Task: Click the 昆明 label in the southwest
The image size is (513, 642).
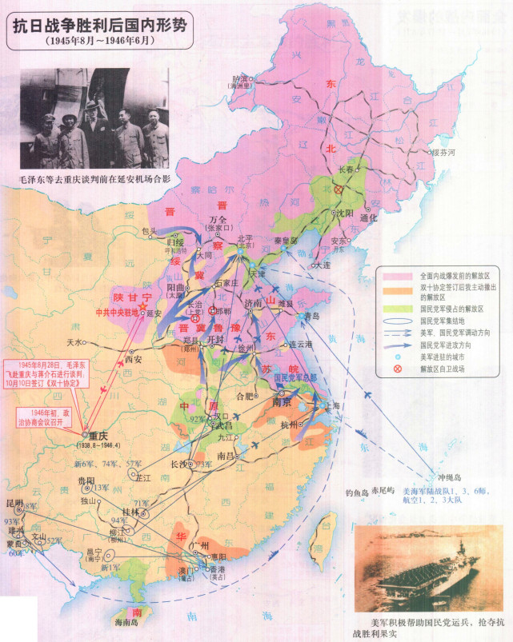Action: (14, 508)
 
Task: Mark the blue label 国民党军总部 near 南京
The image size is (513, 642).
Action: (296, 377)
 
